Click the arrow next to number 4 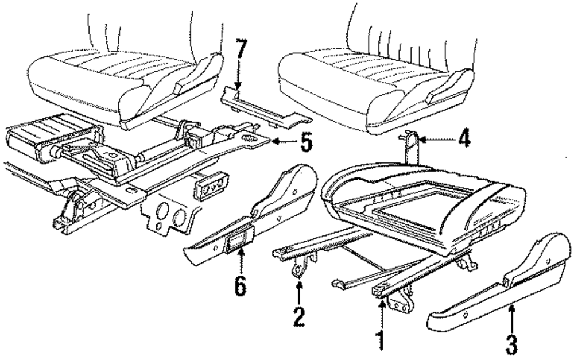436,138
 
